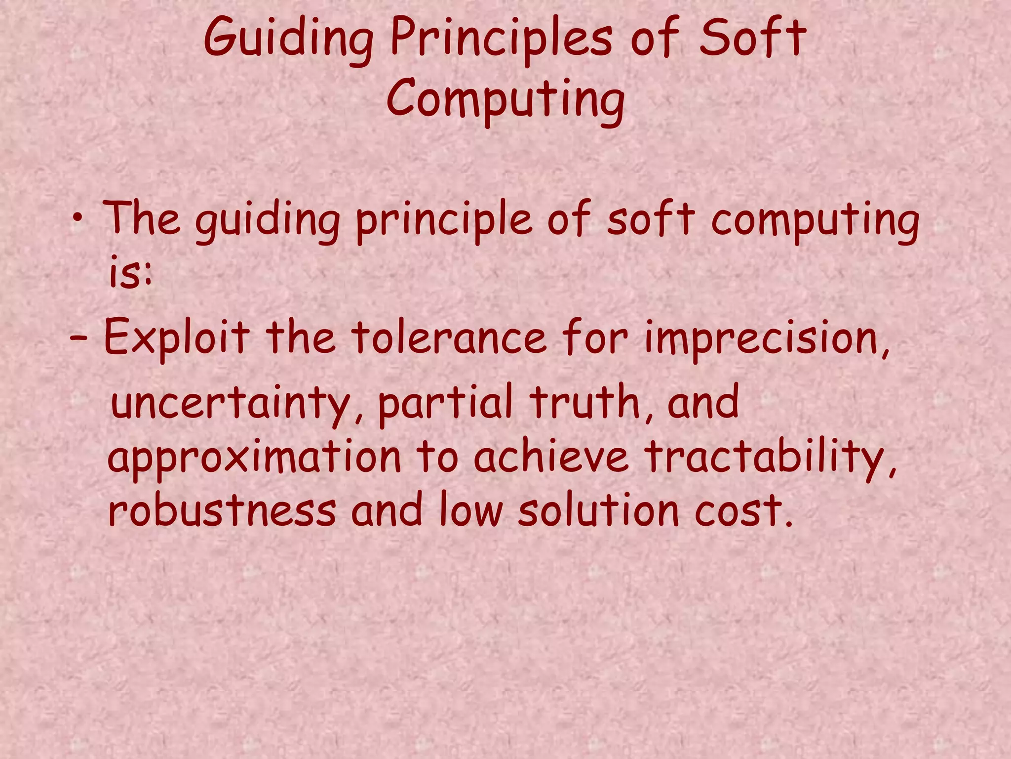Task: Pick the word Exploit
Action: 176,338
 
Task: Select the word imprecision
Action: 765,338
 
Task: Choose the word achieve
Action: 551,457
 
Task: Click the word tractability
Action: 770,457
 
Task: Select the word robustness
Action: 222,510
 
